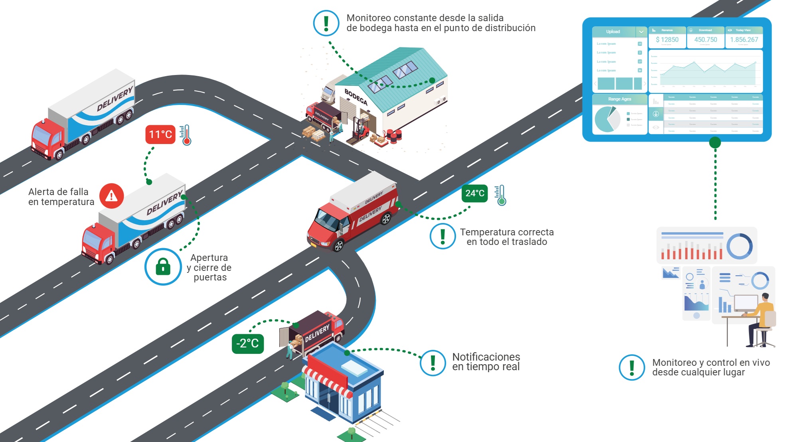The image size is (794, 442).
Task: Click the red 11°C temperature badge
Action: [x=160, y=134]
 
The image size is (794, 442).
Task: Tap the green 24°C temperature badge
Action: [x=474, y=193]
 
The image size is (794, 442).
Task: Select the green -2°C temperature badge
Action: [x=247, y=343]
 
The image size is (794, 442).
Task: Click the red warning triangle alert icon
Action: [x=111, y=196]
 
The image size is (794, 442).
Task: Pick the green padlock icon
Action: [x=163, y=266]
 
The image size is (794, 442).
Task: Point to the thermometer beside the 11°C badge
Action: [x=185, y=135]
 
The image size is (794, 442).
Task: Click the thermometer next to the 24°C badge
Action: [x=500, y=195]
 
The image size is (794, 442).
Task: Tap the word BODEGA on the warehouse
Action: [x=356, y=97]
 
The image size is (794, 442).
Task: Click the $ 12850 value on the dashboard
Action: [x=667, y=39]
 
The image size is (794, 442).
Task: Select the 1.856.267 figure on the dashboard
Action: [x=744, y=39]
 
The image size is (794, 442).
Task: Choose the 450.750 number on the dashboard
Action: [x=705, y=39]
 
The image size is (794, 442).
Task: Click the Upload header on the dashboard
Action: [x=613, y=32]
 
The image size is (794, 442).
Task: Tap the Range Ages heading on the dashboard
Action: [x=619, y=99]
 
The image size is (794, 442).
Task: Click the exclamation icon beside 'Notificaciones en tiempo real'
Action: [x=433, y=363]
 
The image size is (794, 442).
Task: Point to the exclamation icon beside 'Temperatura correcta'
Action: [x=442, y=236]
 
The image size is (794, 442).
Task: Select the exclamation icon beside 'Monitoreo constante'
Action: [x=326, y=23]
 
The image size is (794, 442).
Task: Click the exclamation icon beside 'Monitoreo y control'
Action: [x=632, y=367]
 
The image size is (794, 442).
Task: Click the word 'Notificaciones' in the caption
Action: [x=486, y=357]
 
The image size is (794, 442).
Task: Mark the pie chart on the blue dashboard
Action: [x=606, y=119]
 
